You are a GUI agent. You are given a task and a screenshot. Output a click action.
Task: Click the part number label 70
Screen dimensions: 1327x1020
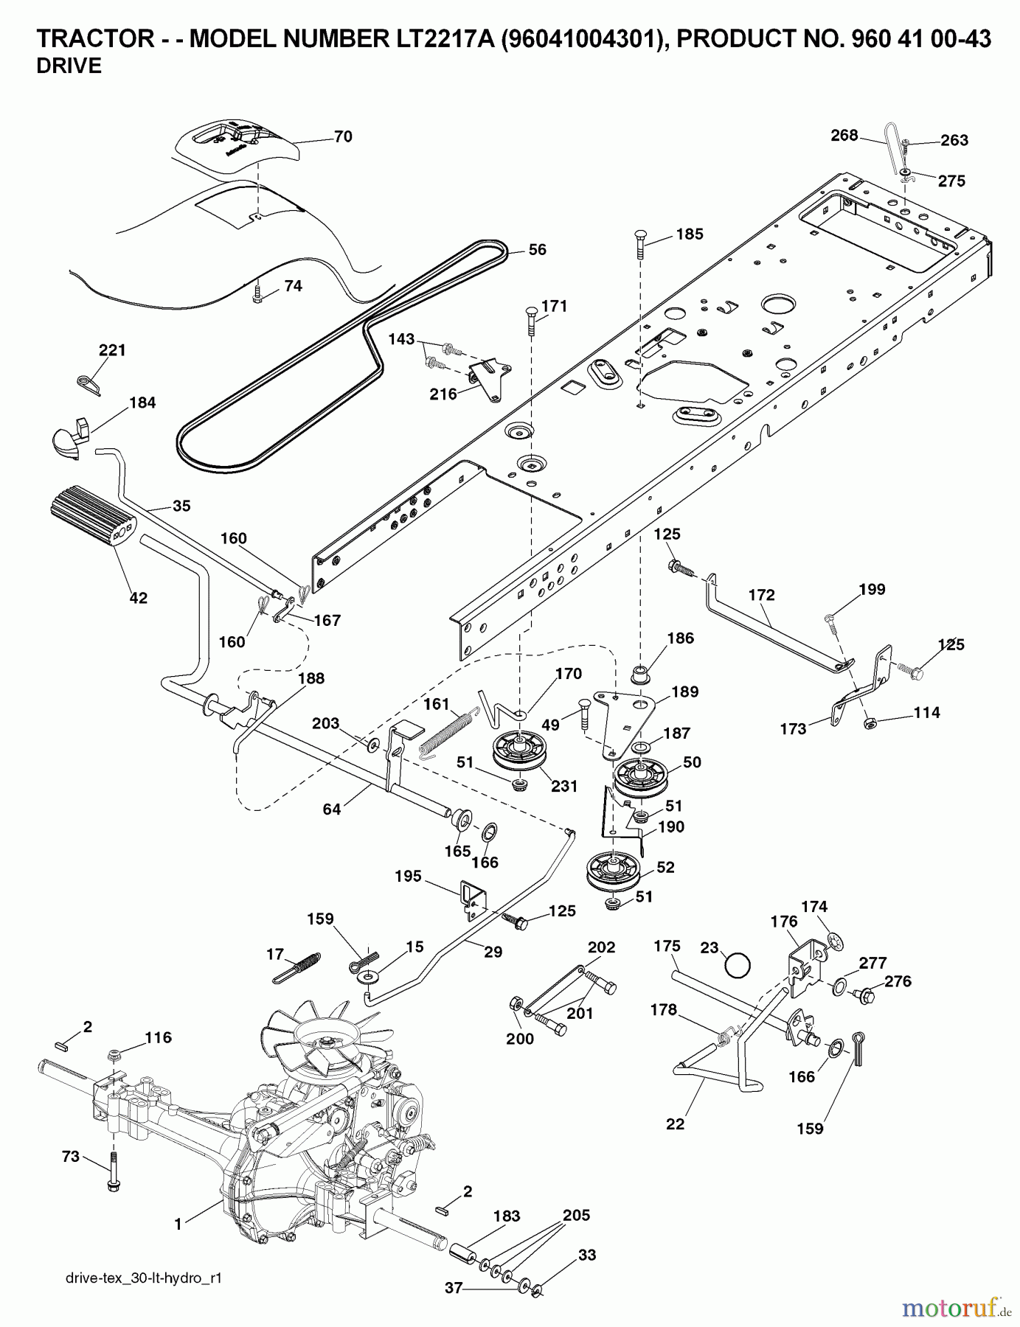[343, 136]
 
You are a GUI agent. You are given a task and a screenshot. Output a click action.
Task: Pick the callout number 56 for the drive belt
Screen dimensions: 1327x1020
[538, 250]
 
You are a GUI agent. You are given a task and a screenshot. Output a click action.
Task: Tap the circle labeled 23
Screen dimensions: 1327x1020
[738, 964]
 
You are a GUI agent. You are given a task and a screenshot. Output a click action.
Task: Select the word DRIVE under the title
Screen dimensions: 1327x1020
[69, 66]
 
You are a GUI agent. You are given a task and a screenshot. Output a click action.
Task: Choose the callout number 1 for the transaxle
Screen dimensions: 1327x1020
[178, 1225]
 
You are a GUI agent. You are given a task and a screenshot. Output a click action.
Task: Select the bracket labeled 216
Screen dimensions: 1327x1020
[491, 379]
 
